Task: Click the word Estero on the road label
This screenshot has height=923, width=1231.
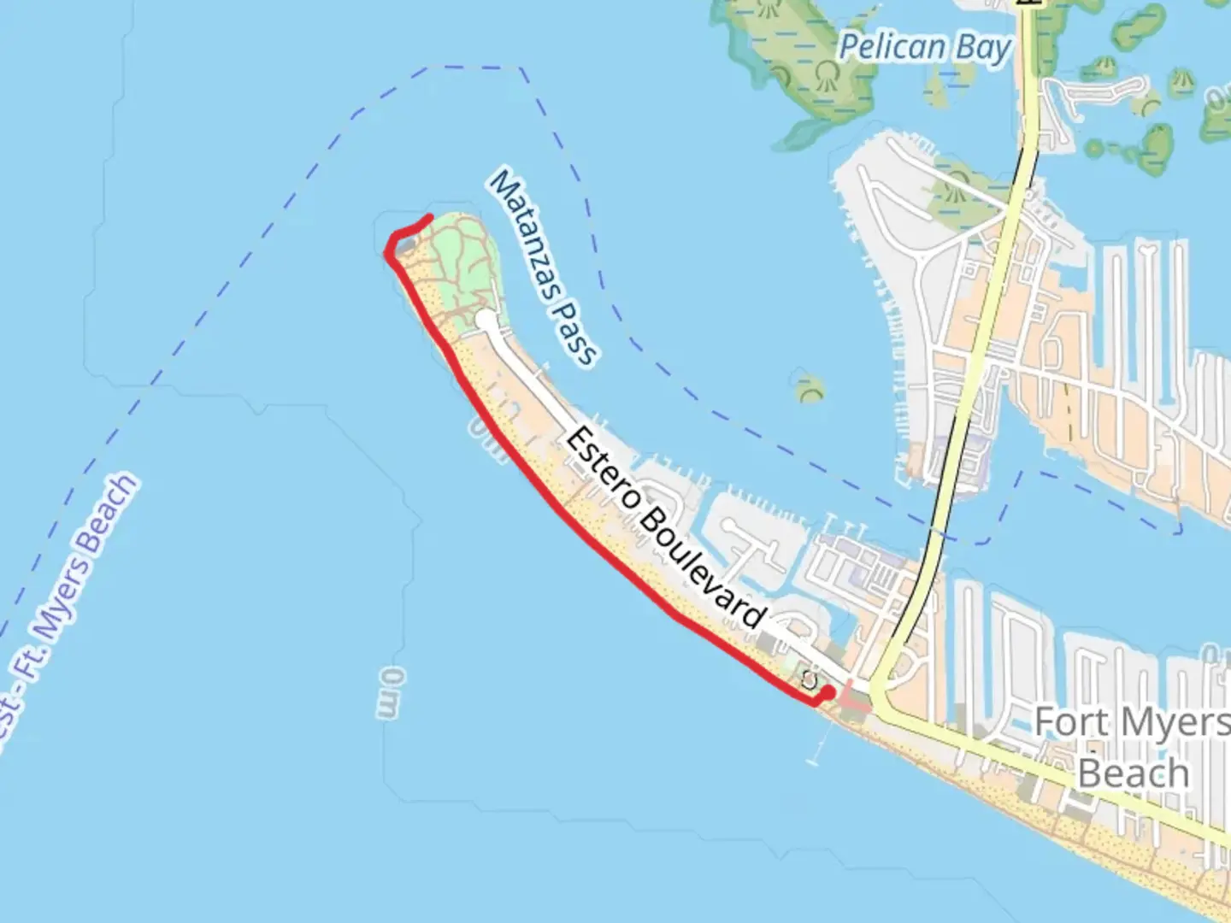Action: point(599,467)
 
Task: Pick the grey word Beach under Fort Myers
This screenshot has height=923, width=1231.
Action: point(1133,773)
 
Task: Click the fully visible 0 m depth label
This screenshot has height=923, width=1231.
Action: point(389,693)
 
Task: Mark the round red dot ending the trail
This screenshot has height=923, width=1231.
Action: point(828,693)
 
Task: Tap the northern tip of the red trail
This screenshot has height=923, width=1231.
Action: point(429,217)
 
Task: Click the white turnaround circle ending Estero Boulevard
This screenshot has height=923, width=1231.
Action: point(485,319)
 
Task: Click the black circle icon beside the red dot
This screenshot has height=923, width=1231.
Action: point(810,680)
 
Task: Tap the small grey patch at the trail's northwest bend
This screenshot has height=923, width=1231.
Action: point(407,247)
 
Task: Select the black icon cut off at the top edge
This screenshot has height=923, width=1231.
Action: point(1029,3)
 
